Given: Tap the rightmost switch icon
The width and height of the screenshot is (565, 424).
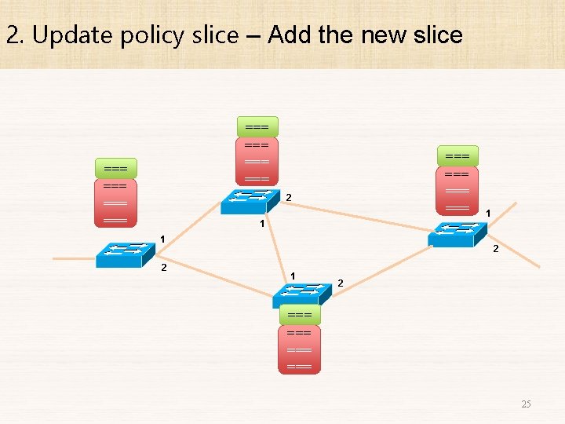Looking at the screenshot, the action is (457, 234).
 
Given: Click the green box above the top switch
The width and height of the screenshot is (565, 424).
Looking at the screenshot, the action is (257, 126).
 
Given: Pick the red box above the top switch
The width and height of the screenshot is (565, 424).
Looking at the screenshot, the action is (257, 162).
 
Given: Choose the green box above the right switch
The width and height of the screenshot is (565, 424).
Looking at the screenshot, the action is (457, 155).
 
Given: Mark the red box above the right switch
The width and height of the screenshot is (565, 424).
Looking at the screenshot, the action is (457, 190).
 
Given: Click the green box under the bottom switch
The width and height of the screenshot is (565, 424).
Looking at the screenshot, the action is (300, 315).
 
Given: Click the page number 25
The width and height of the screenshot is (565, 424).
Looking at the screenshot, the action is (526, 404).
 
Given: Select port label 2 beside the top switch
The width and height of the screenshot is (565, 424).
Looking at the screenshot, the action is (289, 196).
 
